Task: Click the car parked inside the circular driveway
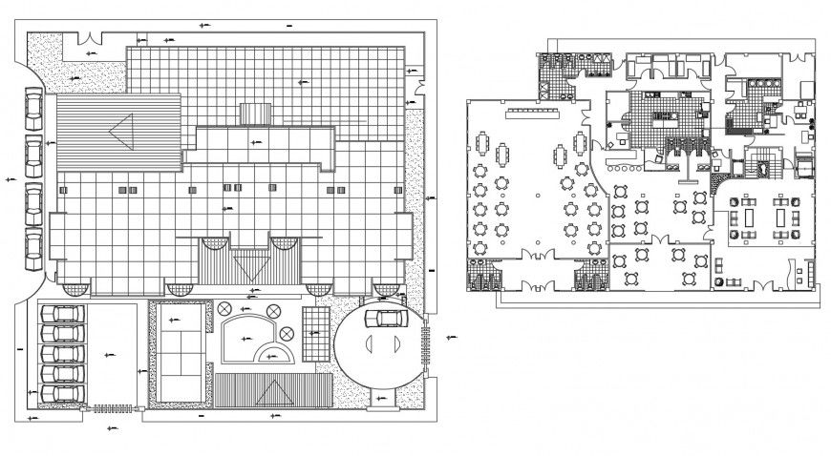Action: tap(386, 319)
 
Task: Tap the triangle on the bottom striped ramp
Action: tap(273, 389)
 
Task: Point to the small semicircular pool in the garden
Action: tap(276, 354)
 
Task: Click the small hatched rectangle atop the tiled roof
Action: tap(257, 114)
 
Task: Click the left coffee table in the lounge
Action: tap(747, 217)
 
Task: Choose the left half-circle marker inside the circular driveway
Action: tap(369, 344)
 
